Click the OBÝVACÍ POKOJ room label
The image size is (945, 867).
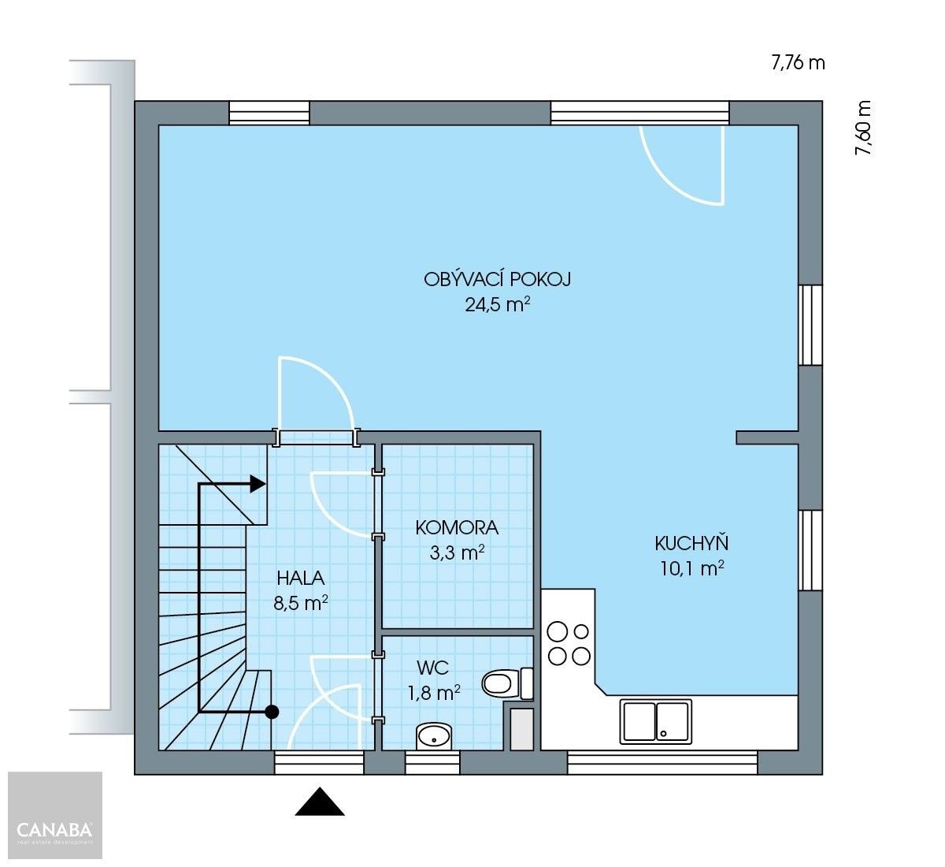click(497, 279)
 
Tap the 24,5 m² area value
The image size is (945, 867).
click(497, 304)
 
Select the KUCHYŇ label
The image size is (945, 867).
click(691, 543)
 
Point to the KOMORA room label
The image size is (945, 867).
click(457, 527)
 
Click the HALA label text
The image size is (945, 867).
click(301, 578)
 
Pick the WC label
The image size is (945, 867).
click(433, 668)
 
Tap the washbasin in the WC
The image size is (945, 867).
click(433, 737)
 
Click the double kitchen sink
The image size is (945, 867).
click(657, 721)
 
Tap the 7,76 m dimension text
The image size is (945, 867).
click(798, 63)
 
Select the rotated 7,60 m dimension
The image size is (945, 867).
click(864, 128)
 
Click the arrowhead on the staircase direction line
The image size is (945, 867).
click(258, 484)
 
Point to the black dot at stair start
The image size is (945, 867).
click(272, 712)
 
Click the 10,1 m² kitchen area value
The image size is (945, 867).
click(691, 568)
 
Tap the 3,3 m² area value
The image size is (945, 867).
click(457, 553)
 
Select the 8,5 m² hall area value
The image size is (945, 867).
click(301, 603)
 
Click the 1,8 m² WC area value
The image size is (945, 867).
click(433, 694)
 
